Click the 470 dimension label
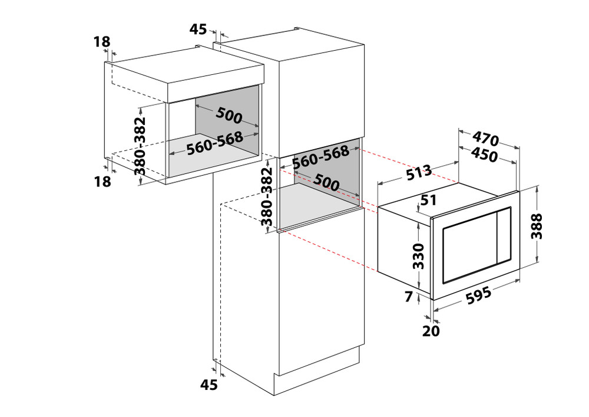pyautogui.click(x=486, y=139)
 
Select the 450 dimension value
pyautogui.click(x=485, y=154)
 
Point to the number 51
pyautogui.click(x=429, y=200)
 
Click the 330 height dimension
pyautogui.click(x=418, y=257)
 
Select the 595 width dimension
pyautogui.click(x=478, y=295)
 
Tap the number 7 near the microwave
pyautogui.click(x=409, y=297)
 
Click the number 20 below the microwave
pyautogui.click(x=431, y=331)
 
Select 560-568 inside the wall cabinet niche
pyautogui.click(x=215, y=143)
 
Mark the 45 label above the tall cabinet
pyautogui.click(x=197, y=29)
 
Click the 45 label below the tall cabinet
pyautogui.click(x=209, y=385)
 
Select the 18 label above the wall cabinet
pyautogui.click(x=102, y=41)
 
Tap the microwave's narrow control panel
pyautogui.click(x=504, y=235)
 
